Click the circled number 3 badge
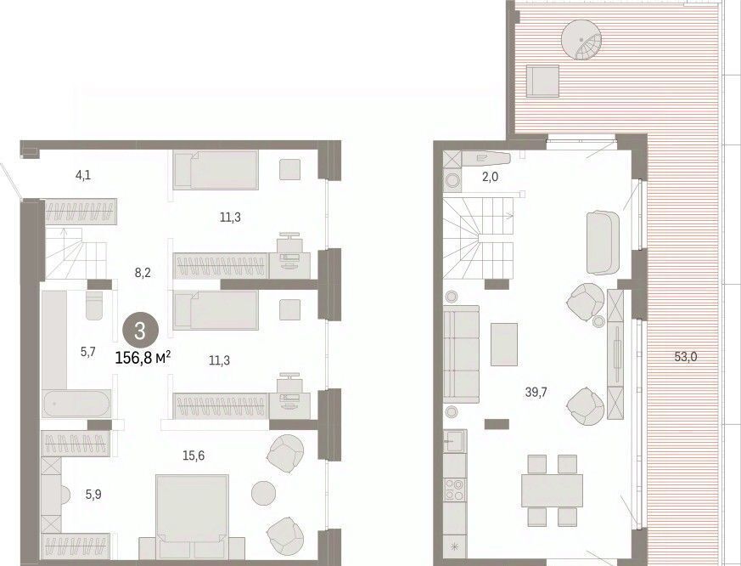point(140,331)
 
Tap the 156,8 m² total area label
point(143,358)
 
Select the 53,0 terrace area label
point(685,356)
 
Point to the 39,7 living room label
point(536,392)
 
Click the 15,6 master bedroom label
point(194,456)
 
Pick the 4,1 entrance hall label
point(82,176)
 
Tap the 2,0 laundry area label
point(490,177)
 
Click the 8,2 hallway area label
point(143,273)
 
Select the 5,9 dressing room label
point(93,495)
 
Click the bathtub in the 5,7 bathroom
point(76,405)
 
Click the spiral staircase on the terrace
point(581,40)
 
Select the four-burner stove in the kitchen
point(455,490)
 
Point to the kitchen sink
point(455,441)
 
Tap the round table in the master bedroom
point(264,493)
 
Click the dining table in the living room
point(553,490)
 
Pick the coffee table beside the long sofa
point(504,344)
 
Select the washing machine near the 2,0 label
point(452,181)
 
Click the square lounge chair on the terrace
point(542,81)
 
